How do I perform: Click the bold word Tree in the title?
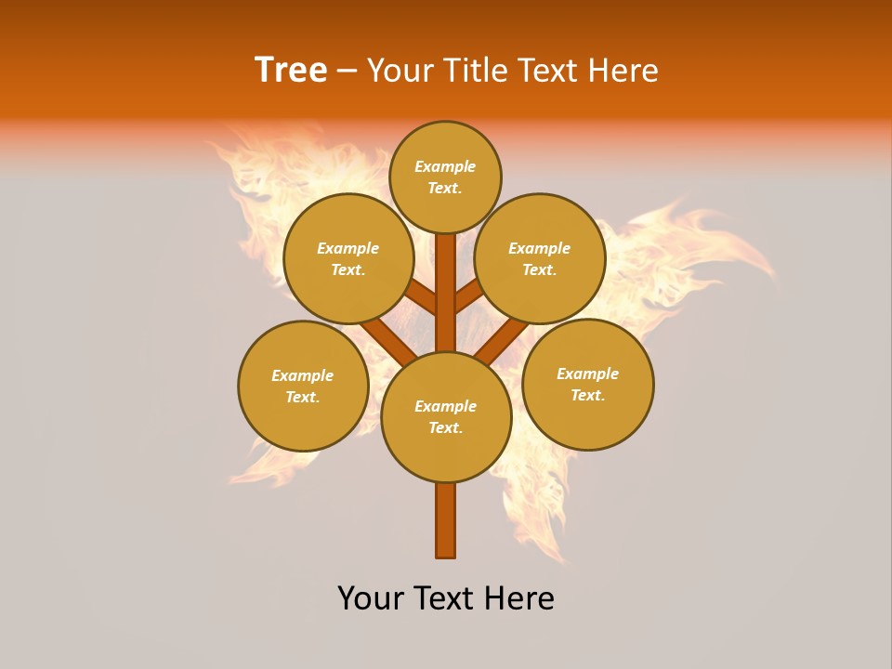coord(291,71)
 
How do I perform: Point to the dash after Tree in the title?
coord(347,72)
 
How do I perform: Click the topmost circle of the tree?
coord(445,177)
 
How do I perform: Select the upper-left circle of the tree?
coord(348,259)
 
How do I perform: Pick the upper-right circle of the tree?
coord(540,259)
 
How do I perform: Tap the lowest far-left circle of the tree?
coord(303,387)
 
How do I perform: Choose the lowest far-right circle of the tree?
coord(587,385)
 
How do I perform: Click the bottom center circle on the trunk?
coord(446,417)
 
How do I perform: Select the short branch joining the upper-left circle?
coord(423,297)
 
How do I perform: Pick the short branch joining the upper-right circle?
coord(468,296)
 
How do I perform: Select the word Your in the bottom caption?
coord(371,598)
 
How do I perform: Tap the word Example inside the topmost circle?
coord(445,167)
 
